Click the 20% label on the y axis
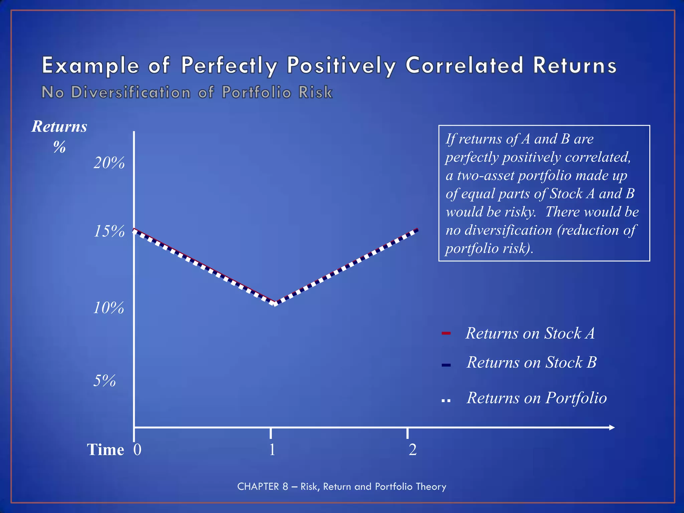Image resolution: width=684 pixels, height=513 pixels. coord(109,163)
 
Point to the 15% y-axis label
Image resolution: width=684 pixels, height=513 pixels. coord(109,231)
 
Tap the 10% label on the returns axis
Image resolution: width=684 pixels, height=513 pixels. coord(108,308)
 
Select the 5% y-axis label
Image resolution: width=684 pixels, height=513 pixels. coord(104,381)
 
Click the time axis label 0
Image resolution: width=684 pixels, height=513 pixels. coord(137,450)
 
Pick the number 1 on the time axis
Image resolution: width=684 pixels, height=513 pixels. coord(272,450)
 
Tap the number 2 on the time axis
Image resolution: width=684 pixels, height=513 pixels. coord(412,450)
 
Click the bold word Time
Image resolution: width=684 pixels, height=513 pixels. coord(106,450)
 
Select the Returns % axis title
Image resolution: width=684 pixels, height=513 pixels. coord(59,136)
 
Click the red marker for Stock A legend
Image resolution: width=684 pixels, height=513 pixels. coord(446,333)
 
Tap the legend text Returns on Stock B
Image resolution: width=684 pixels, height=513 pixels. coord(531,362)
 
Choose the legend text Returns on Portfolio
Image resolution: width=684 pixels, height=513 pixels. coord(536,398)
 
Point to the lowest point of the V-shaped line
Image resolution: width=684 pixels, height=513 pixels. coord(275,303)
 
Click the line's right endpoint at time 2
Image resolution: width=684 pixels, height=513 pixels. coord(417,230)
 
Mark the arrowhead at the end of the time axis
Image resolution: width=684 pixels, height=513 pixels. coord(612,427)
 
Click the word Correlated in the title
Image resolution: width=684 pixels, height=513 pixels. coord(464,65)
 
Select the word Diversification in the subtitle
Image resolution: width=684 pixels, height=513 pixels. coord(131,92)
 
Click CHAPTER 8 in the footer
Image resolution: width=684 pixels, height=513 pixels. coord(263,486)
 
